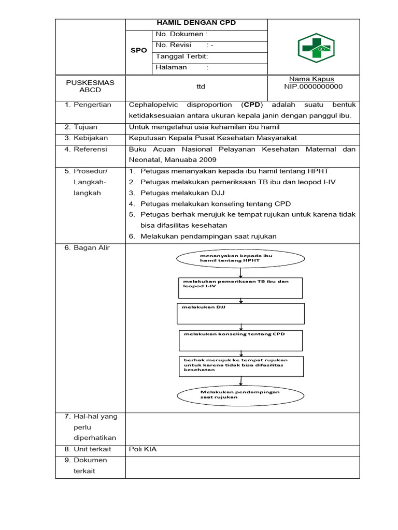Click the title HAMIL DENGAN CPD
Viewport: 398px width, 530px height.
[x=196, y=23]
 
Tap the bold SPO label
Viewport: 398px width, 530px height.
[x=138, y=50]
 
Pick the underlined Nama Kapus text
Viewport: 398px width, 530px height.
[x=311, y=79]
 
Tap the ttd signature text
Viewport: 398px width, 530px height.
[x=196, y=86]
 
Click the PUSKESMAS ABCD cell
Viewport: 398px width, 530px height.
[x=90, y=86]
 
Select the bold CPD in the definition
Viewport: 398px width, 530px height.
[x=252, y=105]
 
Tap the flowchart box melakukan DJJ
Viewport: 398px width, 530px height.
[x=241, y=313]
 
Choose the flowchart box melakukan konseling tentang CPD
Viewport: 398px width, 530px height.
[x=240, y=340]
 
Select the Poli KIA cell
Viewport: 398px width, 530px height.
[x=143, y=449]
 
